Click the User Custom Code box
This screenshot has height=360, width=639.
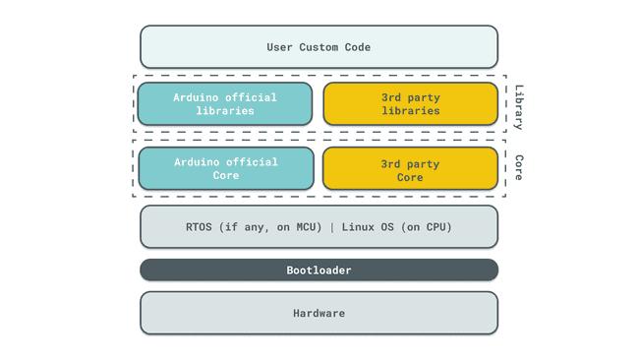point(319,47)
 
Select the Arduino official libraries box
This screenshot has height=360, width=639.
point(225,104)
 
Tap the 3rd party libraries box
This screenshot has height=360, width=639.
point(410,104)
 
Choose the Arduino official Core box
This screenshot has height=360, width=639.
point(225,168)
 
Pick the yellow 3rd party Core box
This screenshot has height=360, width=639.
point(410,168)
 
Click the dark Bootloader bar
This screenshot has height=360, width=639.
point(319,270)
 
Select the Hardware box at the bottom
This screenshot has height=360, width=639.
point(319,313)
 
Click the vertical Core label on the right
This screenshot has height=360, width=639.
point(518,167)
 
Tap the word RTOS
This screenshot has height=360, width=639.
point(202,227)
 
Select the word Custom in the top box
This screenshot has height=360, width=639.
point(322,47)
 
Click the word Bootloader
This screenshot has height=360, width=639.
point(319,270)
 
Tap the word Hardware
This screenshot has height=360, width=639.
point(319,313)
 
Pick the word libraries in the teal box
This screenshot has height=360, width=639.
point(225,111)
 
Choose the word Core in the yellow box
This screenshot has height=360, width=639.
point(410,177)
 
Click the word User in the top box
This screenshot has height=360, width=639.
point(280,47)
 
